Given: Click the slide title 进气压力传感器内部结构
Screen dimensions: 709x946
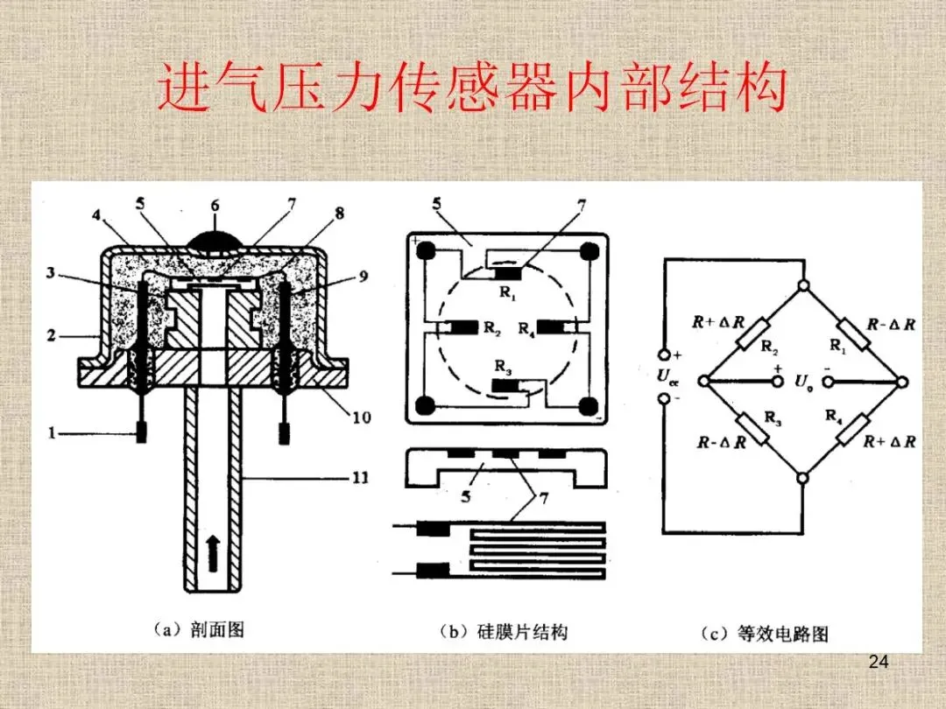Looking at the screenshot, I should (x=473, y=91).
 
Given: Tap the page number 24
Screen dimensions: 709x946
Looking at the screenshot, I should (x=879, y=662).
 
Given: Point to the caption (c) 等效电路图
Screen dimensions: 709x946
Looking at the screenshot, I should (x=764, y=633).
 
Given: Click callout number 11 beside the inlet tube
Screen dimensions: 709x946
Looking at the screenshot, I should (x=360, y=478).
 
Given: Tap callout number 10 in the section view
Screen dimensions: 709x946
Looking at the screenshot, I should (x=361, y=418).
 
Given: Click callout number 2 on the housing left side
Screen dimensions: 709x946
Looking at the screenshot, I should (x=51, y=335).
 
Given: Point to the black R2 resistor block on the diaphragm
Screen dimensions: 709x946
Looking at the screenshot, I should (x=462, y=328).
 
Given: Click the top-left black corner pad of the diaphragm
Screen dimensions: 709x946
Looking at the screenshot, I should (x=427, y=250).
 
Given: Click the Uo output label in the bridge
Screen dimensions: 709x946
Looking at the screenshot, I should (x=802, y=381).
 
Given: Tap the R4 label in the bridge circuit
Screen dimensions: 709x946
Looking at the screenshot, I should (x=833, y=415).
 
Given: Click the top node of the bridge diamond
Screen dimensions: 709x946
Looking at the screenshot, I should (x=804, y=286).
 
